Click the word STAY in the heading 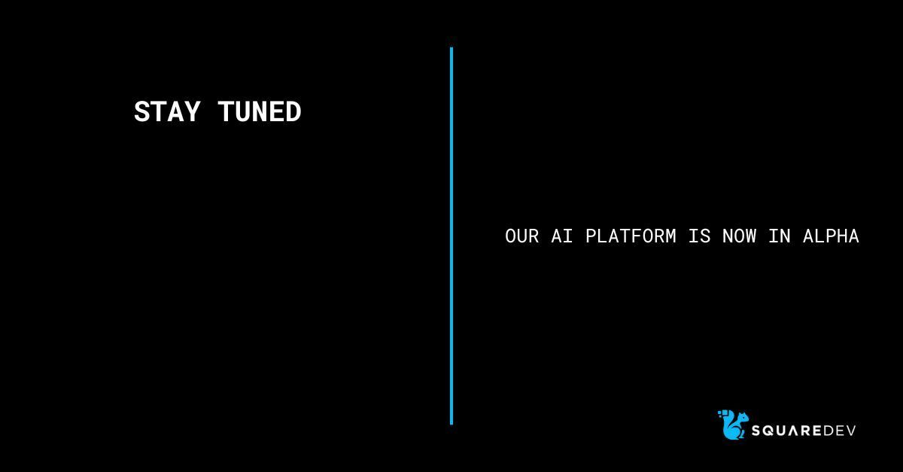[x=167, y=112]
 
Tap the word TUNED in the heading [x=260, y=112]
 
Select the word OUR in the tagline [x=521, y=236]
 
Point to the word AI [x=562, y=236]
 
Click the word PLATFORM [x=631, y=236]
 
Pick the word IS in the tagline [x=699, y=236]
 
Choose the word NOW [x=739, y=236]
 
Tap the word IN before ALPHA [x=780, y=236]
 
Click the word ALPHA [x=831, y=236]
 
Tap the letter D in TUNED [x=293, y=112]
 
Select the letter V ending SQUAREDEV [x=851, y=431]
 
